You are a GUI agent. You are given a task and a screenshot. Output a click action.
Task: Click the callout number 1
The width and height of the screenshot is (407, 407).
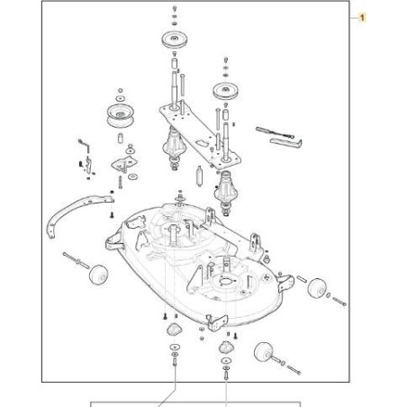click(362, 18)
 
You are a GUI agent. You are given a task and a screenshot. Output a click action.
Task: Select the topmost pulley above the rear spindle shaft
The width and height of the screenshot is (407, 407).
click(175, 40)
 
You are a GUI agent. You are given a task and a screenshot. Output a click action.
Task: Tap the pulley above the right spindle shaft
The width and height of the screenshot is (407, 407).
click(225, 90)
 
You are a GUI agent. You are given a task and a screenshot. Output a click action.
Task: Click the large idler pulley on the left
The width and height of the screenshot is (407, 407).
click(120, 115)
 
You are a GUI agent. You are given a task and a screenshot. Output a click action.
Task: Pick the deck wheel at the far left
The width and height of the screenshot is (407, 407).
click(98, 274)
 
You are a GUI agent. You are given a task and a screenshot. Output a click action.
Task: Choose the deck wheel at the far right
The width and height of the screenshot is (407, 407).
click(317, 289)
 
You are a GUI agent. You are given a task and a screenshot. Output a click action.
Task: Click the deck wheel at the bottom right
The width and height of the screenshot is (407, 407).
click(264, 352)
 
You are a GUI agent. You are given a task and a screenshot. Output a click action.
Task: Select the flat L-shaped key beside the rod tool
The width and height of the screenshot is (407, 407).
click(285, 143)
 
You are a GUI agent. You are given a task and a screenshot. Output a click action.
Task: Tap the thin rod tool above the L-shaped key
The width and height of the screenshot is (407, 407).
click(275, 132)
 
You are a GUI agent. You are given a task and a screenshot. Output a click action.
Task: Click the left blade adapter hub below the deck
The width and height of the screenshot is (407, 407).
click(175, 329)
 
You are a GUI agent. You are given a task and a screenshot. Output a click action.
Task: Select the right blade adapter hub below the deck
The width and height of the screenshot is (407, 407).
click(226, 348)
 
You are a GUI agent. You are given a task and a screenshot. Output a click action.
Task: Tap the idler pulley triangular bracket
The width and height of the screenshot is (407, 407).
click(124, 164)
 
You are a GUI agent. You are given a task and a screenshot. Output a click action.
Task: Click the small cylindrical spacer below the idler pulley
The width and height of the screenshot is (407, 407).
click(120, 137)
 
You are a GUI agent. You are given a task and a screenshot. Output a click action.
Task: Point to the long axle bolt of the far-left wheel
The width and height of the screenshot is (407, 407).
click(76, 260)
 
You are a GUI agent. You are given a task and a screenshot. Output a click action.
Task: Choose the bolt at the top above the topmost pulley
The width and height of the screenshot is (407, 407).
click(175, 9)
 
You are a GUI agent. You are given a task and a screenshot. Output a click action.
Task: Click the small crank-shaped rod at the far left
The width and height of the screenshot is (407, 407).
click(84, 146)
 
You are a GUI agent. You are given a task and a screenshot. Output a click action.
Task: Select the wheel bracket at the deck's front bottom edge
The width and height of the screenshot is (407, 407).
click(217, 322)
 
